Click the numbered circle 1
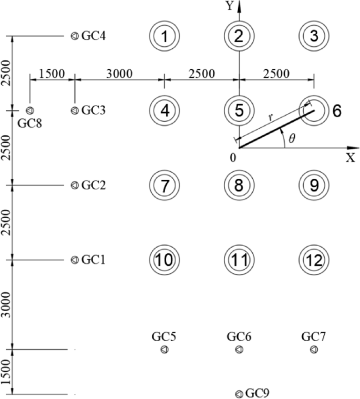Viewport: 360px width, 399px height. tap(164, 36)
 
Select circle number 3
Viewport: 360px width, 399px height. tap(314, 36)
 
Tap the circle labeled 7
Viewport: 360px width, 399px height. tap(164, 185)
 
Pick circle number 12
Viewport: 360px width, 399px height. tap(314, 260)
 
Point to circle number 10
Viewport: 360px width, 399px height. tap(164, 260)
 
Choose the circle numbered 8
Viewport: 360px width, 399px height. tap(239, 185)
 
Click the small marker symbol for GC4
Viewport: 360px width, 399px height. tap(75, 36)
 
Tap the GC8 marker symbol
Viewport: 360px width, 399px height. tap(29, 110)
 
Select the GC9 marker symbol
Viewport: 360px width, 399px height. tap(239, 394)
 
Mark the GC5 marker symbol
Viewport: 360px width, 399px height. tap(164, 349)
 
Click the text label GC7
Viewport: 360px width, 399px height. tap(314, 336)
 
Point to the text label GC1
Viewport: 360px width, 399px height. tap(94, 260)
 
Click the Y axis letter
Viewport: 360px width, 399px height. tap(229, 6)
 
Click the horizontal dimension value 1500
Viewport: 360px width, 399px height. tap(51, 73)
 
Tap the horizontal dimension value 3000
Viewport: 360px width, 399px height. tap(119, 73)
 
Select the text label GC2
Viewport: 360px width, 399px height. tap(94, 185)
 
